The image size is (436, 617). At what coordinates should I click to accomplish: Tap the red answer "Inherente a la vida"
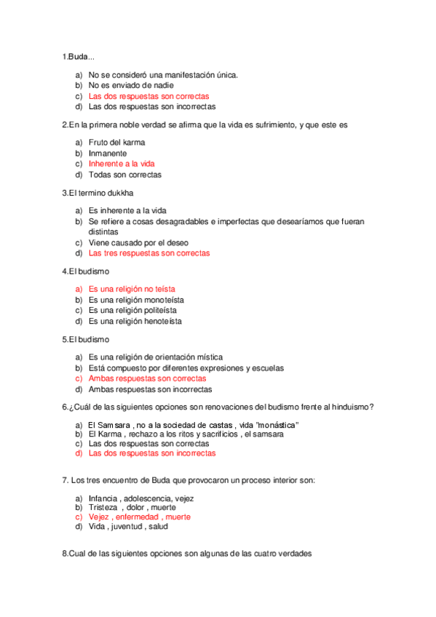click(122, 164)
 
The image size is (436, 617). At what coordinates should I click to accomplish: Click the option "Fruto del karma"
click(116, 143)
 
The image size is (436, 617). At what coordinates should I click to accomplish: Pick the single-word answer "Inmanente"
click(108, 154)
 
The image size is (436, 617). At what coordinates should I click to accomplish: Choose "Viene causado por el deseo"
click(138, 242)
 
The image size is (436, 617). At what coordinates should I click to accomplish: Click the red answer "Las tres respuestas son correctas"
click(148, 253)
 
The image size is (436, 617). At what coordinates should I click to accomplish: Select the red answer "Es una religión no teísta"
click(132, 289)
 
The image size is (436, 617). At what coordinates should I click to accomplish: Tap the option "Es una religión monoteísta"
click(136, 300)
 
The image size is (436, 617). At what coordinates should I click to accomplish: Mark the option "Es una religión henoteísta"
click(135, 321)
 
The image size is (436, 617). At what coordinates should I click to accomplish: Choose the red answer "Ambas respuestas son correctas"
click(147, 378)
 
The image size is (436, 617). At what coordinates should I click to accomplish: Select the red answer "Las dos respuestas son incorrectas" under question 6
click(151, 453)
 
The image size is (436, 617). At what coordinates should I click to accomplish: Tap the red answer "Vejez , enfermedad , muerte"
click(139, 517)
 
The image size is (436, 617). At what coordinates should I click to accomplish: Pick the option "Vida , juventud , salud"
click(126, 527)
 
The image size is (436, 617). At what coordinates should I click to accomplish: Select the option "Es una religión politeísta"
click(132, 310)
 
